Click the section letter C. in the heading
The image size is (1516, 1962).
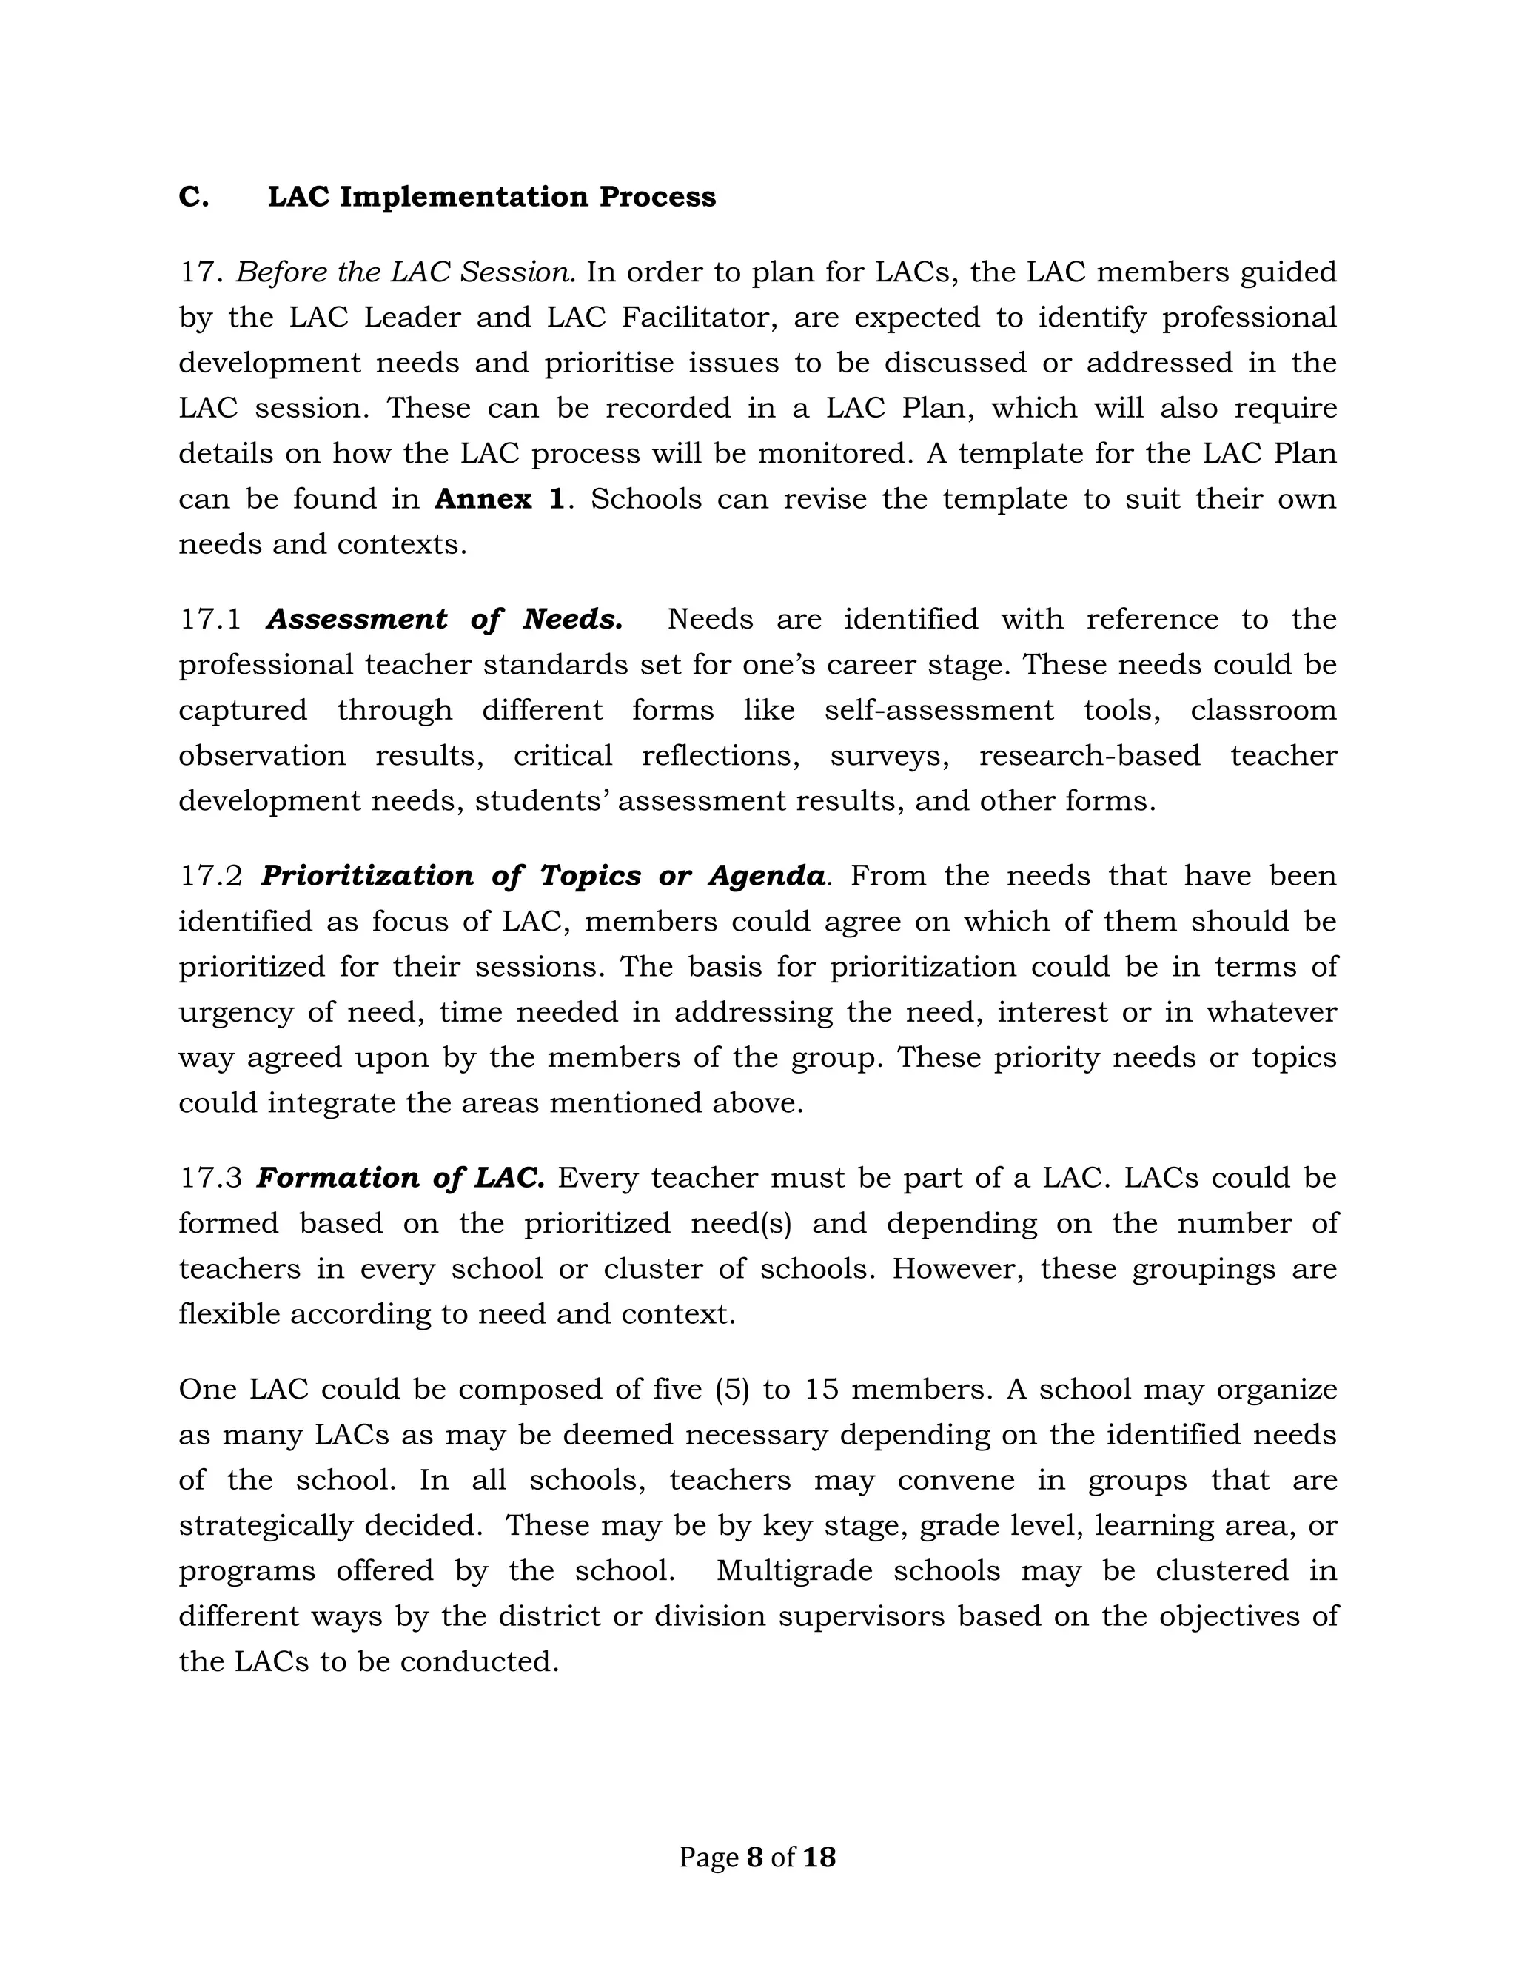click(x=193, y=197)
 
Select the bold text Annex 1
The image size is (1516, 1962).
click(x=500, y=498)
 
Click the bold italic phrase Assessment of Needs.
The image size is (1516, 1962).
click(x=445, y=619)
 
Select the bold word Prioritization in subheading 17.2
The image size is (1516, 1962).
click(x=366, y=876)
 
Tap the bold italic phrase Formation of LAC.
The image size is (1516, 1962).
click(x=400, y=1178)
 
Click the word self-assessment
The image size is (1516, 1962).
click(x=939, y=711)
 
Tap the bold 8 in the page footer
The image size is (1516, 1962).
click(x=754, y=1857)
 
